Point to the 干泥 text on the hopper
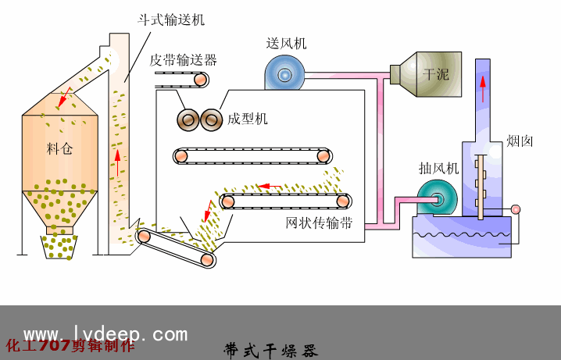(x=435, y=75)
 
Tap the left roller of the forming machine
(x=188, y=119)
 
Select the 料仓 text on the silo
(x=59, y=148)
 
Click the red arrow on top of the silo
(x=65, y=97)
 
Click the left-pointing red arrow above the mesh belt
(x=270, y=186)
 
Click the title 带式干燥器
(x=270, y=348)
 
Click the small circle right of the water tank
(x=515, y=209)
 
